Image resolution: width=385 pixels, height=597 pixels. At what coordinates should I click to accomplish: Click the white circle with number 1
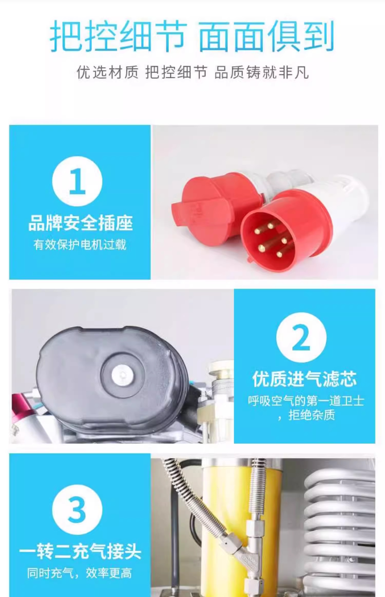click(77, 181)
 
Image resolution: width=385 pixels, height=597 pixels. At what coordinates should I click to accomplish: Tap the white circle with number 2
click(301, 337)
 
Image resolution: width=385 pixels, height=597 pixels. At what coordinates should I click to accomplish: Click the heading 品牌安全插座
click(80, 223)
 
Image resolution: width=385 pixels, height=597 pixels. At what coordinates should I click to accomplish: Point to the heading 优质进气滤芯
click(304, 379)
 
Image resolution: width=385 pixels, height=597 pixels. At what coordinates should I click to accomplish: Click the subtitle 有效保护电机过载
click(80, 245)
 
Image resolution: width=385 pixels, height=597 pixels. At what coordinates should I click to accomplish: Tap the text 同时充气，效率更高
click(80, 573)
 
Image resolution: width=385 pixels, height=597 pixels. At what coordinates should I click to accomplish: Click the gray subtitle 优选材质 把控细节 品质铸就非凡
click(192, 72)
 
